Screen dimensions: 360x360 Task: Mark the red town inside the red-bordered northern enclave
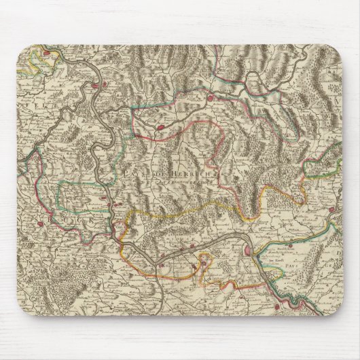(160, 126)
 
